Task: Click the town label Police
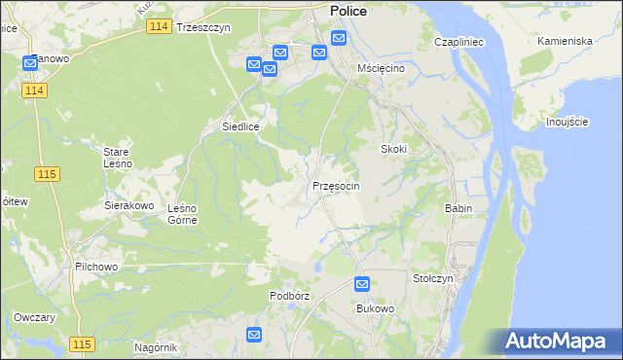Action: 348,10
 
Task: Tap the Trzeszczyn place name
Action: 203,28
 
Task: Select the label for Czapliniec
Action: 459,43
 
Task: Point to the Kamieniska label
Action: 566,42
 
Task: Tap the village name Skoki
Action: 392,149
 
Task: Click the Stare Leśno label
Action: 124,158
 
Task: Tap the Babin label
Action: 458,208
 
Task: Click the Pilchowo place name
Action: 95,266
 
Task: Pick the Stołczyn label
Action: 433,278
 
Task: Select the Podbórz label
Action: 289,296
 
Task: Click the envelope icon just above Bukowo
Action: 362,285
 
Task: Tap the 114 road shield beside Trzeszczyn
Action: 160,27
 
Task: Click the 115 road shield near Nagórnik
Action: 81,345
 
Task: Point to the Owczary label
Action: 35,318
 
